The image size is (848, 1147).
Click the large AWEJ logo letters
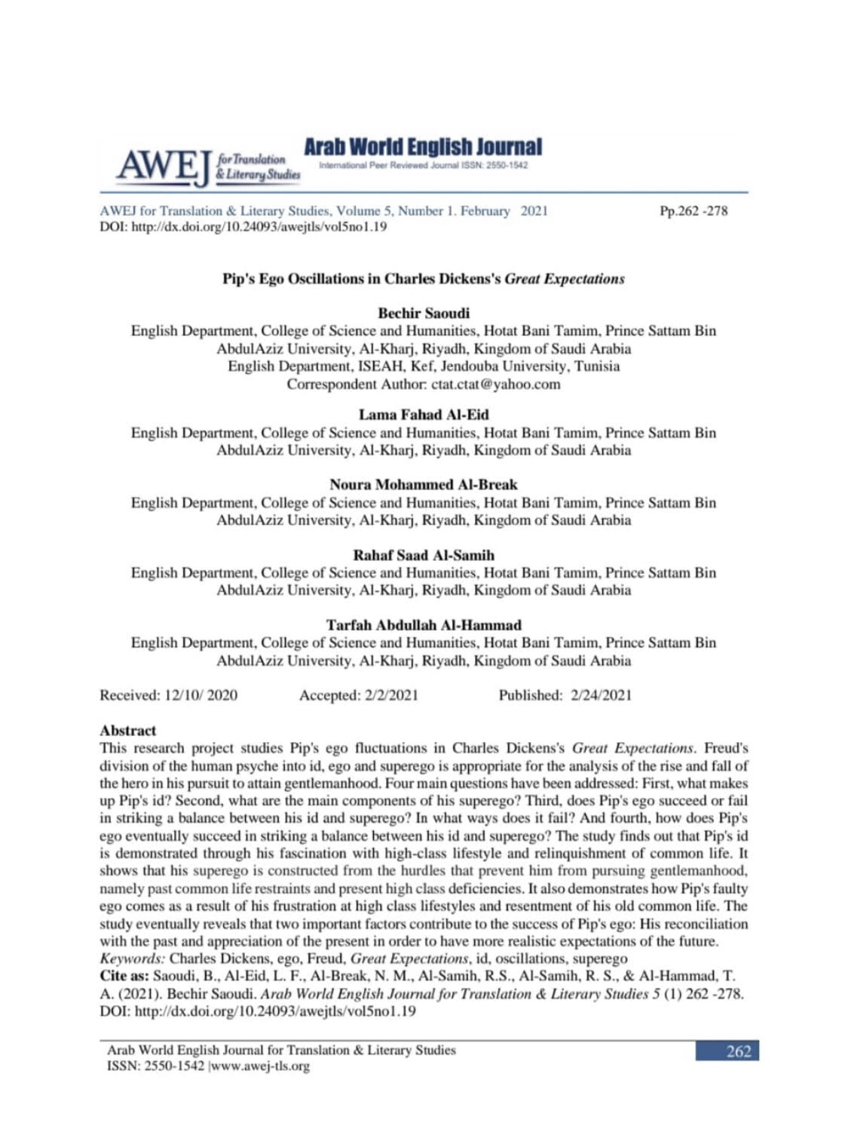[163, 167]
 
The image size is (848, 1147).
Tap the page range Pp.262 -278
[693, 211]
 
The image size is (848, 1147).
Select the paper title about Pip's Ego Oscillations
[423, 279]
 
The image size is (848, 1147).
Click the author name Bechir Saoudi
[423, 313]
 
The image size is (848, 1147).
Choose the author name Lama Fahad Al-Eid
[423, 415]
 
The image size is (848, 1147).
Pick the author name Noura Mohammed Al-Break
[423, 484]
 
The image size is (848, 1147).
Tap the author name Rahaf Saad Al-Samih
[423, 555]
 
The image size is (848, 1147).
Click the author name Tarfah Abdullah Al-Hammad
[423, 625]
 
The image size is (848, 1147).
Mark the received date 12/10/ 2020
[201, 695]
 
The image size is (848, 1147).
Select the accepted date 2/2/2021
[390, 695]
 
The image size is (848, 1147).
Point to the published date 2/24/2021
[601, 695]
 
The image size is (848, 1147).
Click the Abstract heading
[128, 730]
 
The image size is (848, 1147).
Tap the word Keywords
[132, 958]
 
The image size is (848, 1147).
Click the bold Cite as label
[124, 976]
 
